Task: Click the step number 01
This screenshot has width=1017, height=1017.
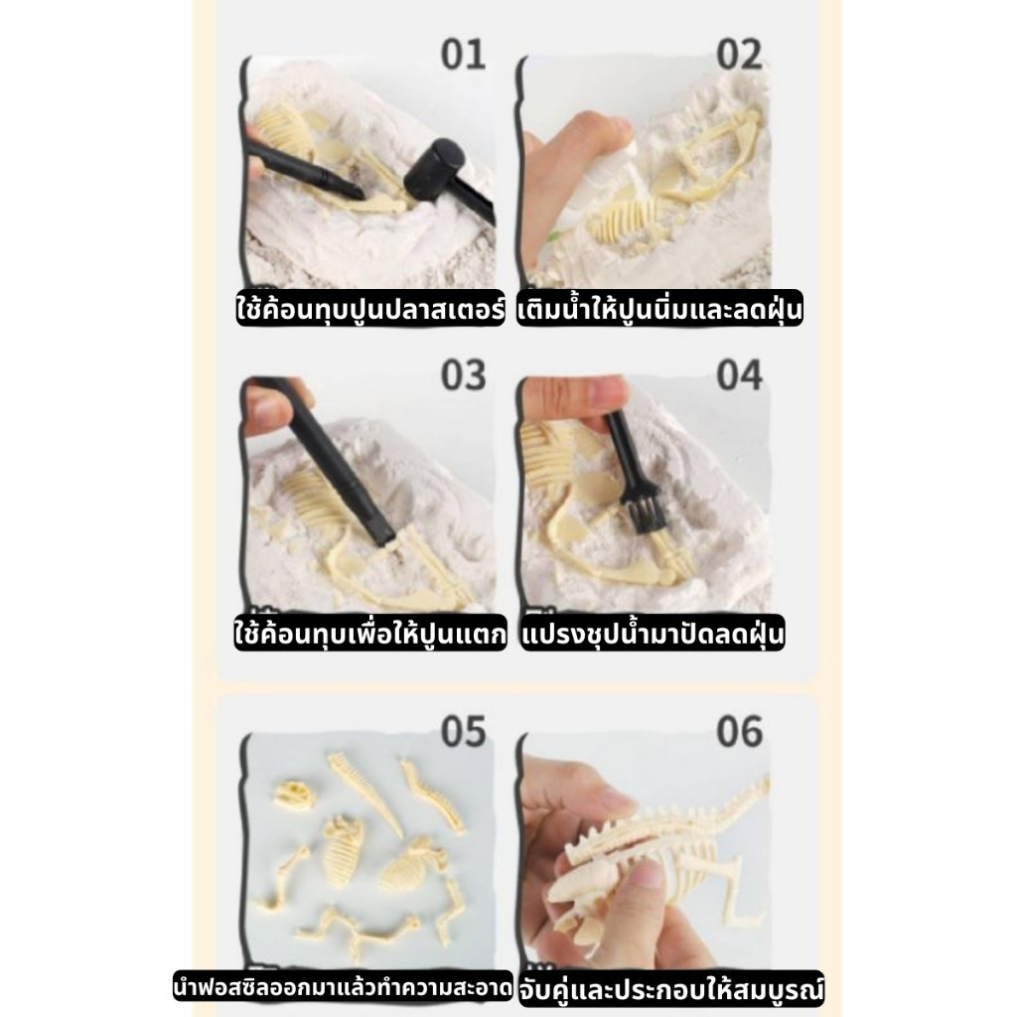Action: tap(463, 55)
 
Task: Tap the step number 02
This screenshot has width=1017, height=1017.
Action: tap(739, 55)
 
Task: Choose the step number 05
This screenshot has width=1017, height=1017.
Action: tap(463, 732)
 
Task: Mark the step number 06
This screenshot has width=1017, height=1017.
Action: tap(739, 732)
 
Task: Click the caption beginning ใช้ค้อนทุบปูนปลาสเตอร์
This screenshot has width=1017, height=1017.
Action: tap(370, 309)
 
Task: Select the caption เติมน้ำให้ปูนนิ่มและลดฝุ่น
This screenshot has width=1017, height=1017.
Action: tap(659, 309)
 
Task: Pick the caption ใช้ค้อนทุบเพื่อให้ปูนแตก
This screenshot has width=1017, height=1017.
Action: tap(370, 633)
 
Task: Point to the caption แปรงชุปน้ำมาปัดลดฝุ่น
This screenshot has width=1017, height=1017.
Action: tap(653, 633)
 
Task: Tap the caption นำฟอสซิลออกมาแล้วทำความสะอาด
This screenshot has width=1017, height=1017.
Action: tap(343, 988)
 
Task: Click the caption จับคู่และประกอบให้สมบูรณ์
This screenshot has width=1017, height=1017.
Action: tap(671, 989)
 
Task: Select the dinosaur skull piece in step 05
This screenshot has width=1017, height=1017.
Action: tap(293, 796)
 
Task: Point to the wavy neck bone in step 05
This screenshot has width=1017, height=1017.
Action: tap(432, 797)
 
